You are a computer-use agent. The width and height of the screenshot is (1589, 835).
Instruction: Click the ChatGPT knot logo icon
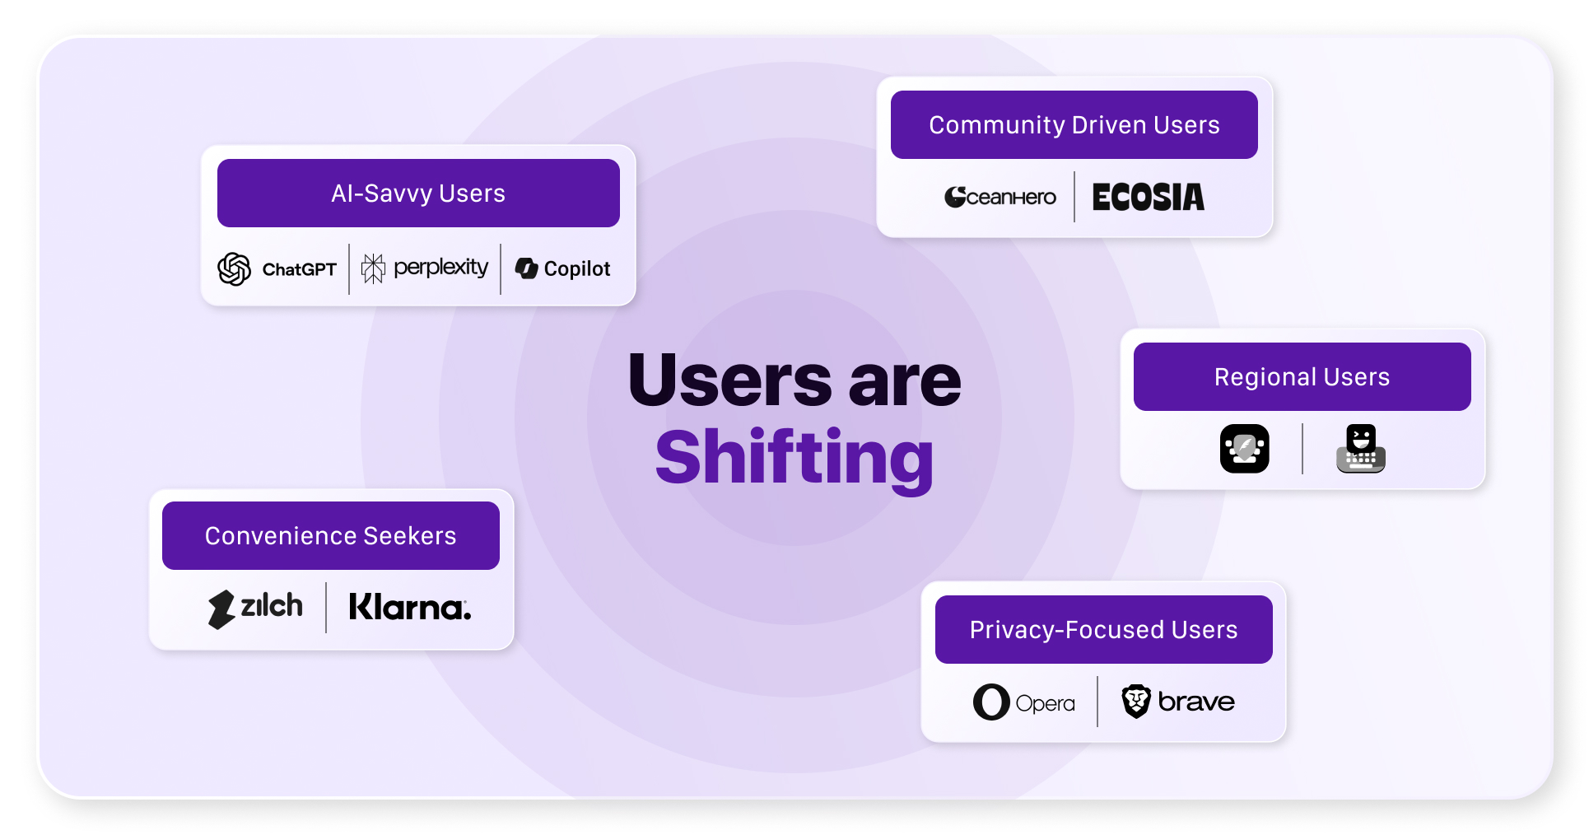tap(234, 269)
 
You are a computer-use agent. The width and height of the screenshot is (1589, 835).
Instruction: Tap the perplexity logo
tap(425, 268)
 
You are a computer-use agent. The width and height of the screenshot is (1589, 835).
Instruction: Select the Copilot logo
tap(563, 268)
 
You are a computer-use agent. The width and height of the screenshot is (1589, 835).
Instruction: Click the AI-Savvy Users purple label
tap(418, 194)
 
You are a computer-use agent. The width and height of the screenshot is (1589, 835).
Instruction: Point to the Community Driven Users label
tap(1074, 125)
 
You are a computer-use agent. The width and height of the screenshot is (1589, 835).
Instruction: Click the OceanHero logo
tap(1000, 197)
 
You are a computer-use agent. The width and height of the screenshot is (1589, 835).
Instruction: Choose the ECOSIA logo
tap(1148, 198)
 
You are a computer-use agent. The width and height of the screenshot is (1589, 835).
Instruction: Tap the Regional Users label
tap(1302, 377)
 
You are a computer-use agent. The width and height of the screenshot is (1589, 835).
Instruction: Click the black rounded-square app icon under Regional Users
tap(1244, 449)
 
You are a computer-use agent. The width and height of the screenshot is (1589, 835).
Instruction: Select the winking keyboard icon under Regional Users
tap(1360, 449)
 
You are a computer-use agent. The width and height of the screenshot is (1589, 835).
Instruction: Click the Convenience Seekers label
tap(330, 536)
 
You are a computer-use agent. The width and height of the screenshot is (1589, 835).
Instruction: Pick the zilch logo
tap(255, 609)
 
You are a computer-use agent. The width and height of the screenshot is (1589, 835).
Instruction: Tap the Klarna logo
tap(410, 608)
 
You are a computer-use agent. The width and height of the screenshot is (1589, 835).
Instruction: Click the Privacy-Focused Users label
tap(1103, 630)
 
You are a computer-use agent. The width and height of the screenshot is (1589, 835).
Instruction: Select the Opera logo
tap(1024, 702)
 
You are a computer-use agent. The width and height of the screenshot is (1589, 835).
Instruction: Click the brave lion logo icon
tap(1136, 702)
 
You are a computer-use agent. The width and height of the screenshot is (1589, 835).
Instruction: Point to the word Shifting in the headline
tap(794, 459)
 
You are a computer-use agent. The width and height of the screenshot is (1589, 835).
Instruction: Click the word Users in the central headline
tap(729, 380)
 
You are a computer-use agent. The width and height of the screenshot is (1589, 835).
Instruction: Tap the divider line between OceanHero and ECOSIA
tap(1074, 197)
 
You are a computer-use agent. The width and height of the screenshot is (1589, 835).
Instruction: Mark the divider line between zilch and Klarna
tap(326, 608)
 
